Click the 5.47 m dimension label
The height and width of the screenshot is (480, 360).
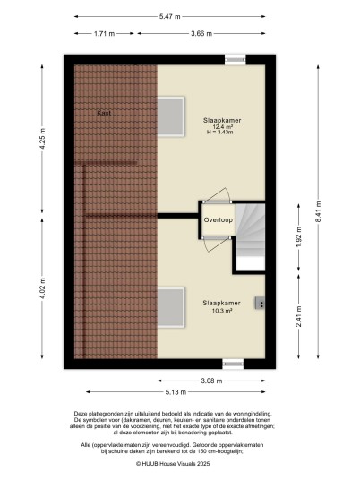click(x=169, y=16)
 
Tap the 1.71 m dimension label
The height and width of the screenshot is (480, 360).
click(x=104, y=33)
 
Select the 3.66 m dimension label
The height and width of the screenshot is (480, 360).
click(x=201, y=33)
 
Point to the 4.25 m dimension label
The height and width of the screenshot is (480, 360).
click(x=42, y=139)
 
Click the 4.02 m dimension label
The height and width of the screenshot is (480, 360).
click(x=42, y=288)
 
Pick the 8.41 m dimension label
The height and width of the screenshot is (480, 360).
click(x=319, y=212)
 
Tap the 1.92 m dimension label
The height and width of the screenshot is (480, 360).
click(x=299, y=237)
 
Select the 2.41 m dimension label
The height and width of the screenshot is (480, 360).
click(x=299, y=316)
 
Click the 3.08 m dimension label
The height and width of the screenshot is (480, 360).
click(x=211, y=381)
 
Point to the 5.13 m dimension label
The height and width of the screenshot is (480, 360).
click(x=176, y=392)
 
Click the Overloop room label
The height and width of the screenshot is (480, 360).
click(x=219, y=219)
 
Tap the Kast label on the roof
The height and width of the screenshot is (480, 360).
click(x=104, y=113)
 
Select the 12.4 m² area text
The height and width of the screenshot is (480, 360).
click(x=222, y=126)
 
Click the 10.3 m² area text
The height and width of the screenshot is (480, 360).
click(x=221, y=311)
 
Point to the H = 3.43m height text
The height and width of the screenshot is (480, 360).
click(x=219, y=133)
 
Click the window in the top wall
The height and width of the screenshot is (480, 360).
click(x=236, y=59)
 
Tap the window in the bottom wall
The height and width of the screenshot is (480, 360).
click(x=233, y=364)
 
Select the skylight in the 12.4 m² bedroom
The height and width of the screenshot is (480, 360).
click(x=171, y=116)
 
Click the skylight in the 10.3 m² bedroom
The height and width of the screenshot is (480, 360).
click(x=171, y=307)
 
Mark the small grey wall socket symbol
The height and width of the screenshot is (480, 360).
click(x=260, y=304)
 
